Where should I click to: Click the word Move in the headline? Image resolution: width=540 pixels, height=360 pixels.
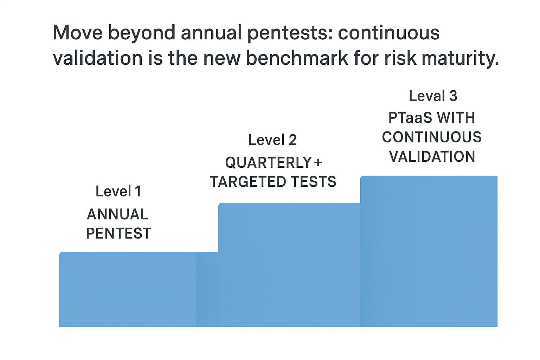(x=77, y=33)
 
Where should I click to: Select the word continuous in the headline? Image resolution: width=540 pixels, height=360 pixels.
(x=388, y=33)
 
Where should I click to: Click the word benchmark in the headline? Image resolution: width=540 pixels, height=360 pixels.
(x=297, y=58)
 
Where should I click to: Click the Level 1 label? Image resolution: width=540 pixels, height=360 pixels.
(x=118, y=192)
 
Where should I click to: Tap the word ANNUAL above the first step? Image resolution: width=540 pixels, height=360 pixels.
(x=117, y=214)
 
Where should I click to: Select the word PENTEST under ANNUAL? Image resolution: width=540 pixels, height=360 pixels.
(x=118, y=233)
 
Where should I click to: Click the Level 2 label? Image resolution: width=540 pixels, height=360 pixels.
(x=272, y=140)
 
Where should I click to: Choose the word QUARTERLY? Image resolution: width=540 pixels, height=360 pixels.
(x=268, y=163)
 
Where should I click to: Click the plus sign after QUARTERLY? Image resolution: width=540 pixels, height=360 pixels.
(x=318, y=163)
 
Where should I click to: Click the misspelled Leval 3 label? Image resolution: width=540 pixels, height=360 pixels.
(x=433, y=96)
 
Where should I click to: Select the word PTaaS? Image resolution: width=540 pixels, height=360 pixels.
(x=410, y=118)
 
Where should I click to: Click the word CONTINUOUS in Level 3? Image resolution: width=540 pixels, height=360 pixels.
(x=432, y=137)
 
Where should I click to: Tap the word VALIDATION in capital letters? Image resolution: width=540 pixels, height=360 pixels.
(x=432, y=156)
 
